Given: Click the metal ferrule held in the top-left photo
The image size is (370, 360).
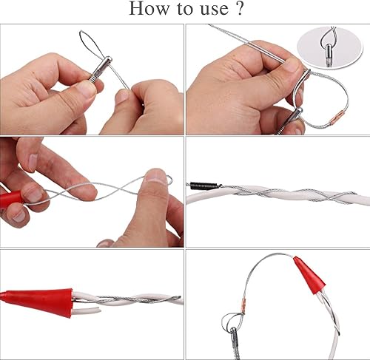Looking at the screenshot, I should pyautogui.click(x=100, y=69).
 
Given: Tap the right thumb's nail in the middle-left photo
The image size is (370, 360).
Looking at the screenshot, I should pyautogui.click(x=156, y=176).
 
